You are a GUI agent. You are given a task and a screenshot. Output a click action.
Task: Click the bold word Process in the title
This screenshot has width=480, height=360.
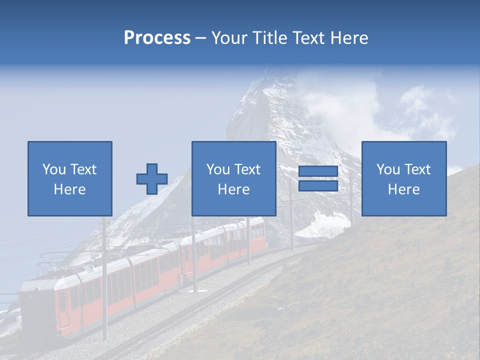pyautogui.click(x=157, y=38)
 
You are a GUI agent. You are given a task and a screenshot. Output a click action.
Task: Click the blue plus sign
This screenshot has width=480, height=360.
pyautogui.click(x=152, y=179)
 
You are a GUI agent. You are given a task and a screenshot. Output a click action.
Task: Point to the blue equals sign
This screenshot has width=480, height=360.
pyautogui.click(x=318, y=178)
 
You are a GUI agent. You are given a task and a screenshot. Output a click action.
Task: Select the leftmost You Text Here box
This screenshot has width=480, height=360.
pyautogui.click(x=70, y=179)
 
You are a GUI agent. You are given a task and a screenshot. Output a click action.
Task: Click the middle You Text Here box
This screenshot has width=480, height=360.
pyautogui.click(x=234, y=179)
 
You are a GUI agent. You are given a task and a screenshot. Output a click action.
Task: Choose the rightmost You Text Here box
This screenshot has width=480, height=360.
pyautogui.click(x=404, y=179)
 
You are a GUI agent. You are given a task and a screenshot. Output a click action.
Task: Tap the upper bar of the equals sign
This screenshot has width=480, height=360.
pyautogui.click(x=318, y=171)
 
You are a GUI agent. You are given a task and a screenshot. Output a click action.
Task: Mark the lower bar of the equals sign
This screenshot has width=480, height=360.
pyautogui.click(x=318, y=185)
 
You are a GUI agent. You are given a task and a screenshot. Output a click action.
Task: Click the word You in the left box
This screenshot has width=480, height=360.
pyautogui.click(x=54, y=169)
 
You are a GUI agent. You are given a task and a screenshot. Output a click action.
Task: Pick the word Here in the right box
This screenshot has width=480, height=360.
pyautogui.click(x=404, y=189)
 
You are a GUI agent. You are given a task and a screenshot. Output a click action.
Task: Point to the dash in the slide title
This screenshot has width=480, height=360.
pyautogui.click(x=201, y=38)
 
